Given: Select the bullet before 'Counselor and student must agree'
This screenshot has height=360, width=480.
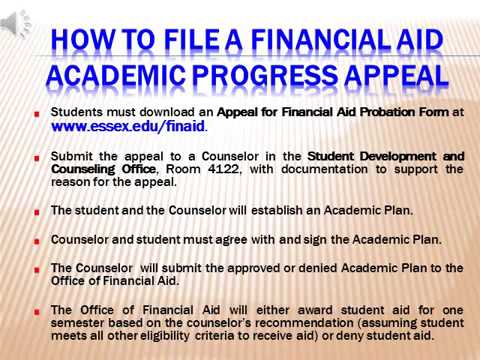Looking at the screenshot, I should tap(36, 241).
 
